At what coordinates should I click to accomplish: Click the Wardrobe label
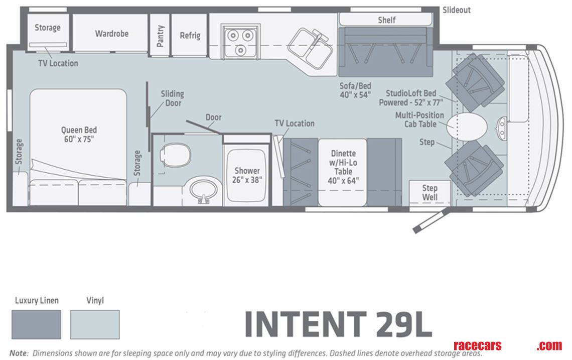(x=111, y=34)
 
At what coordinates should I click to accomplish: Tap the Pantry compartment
(x=160, y=35)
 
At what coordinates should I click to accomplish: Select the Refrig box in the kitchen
(x=190, y=35)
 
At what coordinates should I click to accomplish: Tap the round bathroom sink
(x=205, y=189)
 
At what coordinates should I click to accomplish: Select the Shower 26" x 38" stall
(x=247, y=175)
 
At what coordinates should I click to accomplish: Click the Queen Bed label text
(x=79, y=134)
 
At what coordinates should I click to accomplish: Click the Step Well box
(x=429, y=192)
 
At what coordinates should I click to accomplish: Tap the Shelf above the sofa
(x=386, y=20)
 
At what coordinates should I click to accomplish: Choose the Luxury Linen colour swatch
(x=36, y=324)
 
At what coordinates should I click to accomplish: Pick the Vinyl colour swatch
(x=95, y=324)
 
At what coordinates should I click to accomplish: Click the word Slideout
(x=457, y=10)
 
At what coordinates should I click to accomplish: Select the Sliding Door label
(x=172, y=98)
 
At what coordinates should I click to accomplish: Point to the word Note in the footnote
(x=18, y=353)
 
